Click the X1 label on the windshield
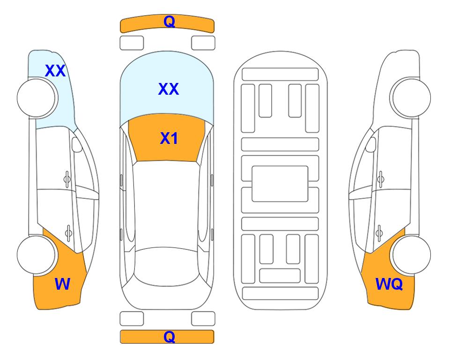169,138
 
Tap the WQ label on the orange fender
389,284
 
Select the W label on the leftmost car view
62,284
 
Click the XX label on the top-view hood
169,89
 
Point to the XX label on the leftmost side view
55,71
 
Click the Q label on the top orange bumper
170,22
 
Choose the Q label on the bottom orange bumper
170,337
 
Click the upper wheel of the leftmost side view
37,98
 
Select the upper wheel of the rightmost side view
410,97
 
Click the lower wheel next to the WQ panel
411,255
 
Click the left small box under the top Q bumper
132,43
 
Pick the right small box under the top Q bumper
203,43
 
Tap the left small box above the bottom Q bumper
132,319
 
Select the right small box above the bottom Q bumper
203,319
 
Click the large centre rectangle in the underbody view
280,184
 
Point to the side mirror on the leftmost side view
76,144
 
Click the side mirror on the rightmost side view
371,144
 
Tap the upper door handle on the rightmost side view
381,179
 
